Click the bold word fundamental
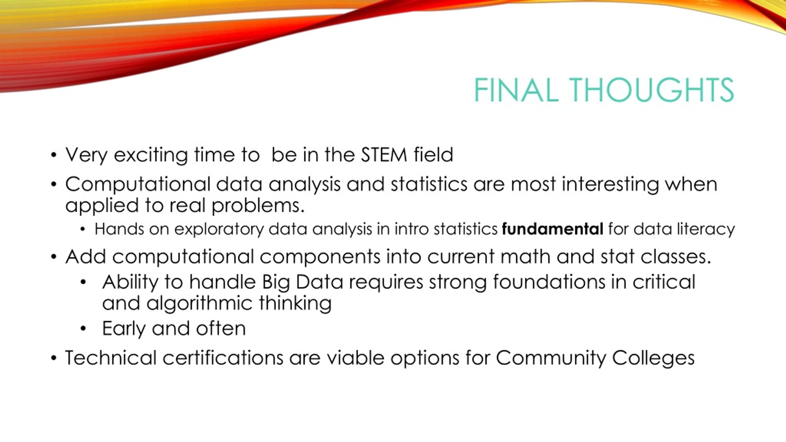[553, 229]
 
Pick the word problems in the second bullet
[258, 206]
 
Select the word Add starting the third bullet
[86, 256]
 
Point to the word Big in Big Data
[276, 283]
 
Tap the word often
[221, 328]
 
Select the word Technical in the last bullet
[111, 358]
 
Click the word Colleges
[653, 358]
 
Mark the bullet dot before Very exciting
[54, 155]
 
